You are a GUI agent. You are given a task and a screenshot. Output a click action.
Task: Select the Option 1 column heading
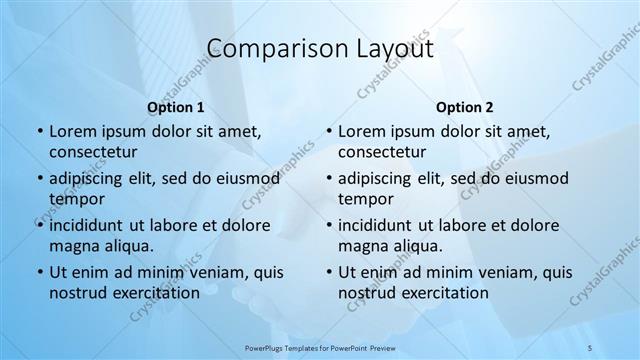[175, 106]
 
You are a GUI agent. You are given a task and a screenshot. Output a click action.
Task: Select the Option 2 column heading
[464, 106]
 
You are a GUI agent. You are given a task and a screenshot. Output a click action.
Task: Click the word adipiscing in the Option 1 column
[92, 178]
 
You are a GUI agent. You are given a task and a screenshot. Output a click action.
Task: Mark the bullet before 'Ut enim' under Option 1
[38, 272]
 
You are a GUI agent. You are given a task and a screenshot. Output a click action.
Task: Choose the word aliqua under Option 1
[125, 245]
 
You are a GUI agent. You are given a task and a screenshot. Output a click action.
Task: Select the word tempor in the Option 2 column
[365, 198]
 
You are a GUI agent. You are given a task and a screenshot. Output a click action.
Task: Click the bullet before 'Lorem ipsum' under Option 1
[38, 131]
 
